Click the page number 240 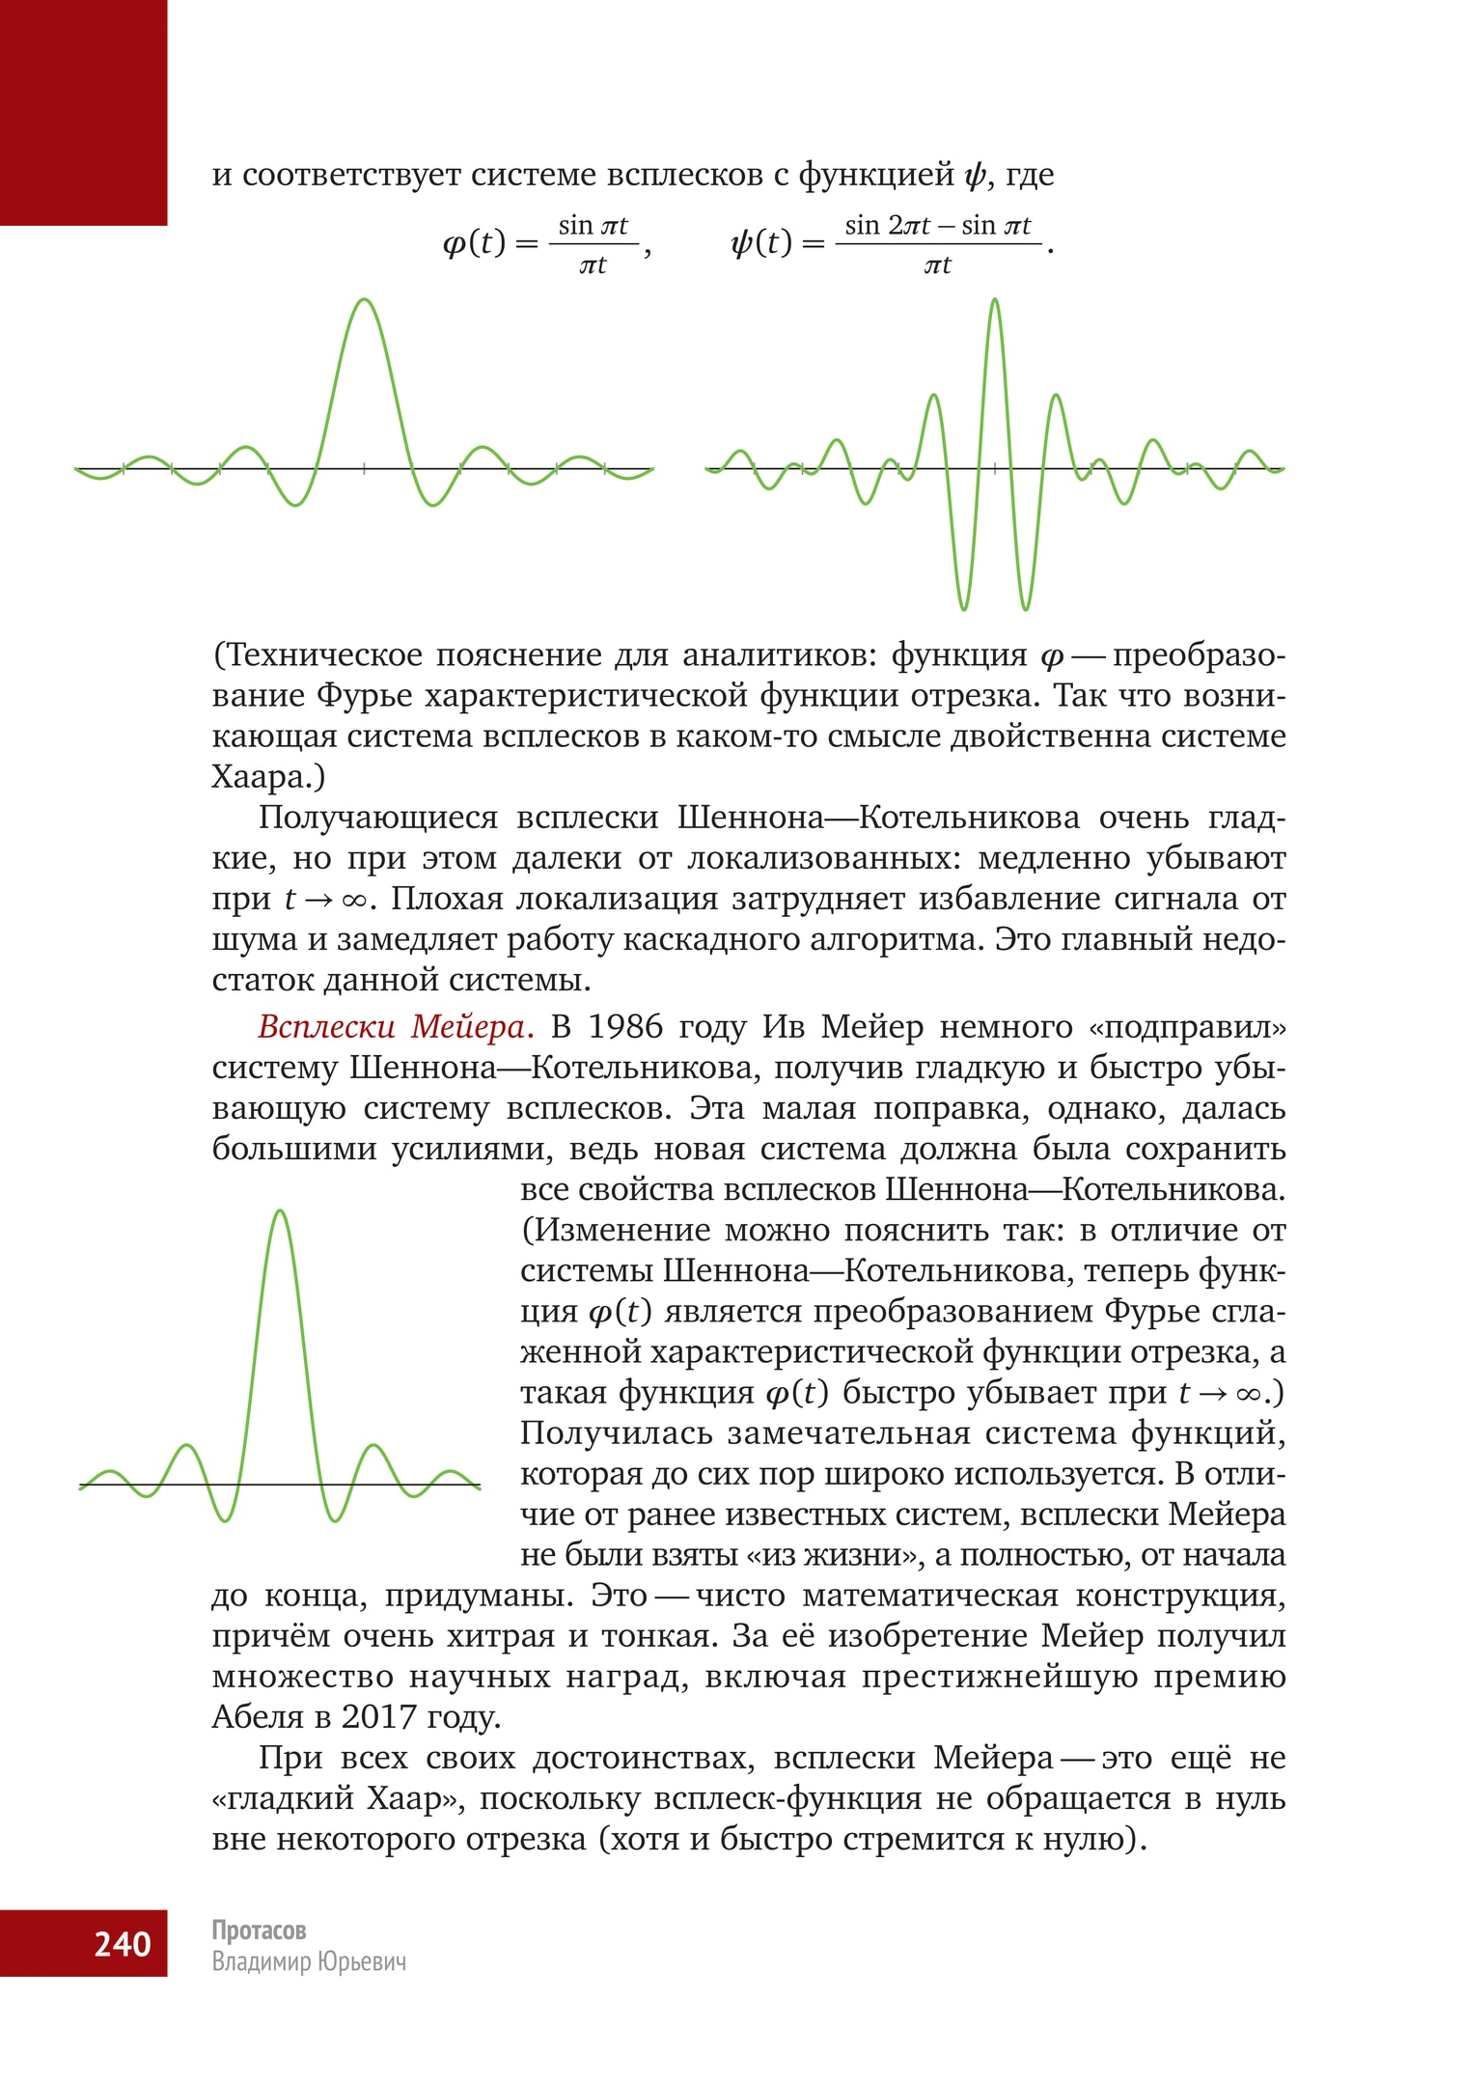pos(123,1943)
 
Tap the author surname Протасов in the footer pos(259,1930)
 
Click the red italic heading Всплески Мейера pos(395,1026)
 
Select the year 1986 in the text pos(625,1026)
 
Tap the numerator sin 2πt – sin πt pos(937,226)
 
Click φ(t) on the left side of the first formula pos(474,243)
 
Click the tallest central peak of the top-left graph pos(365,300)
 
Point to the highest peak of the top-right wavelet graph pos(995,300)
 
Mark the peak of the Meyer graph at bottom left pos(280,1211)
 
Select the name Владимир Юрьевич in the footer pos(309,1962)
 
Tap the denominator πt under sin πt pos(593,264)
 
